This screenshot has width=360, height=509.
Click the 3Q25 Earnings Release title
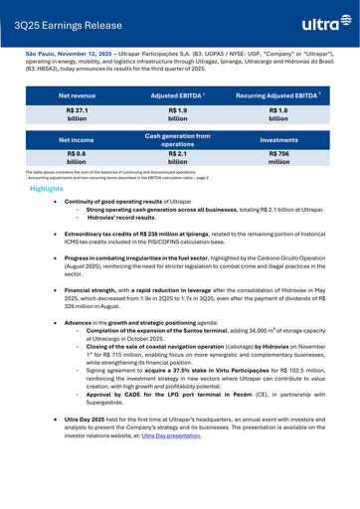62,19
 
